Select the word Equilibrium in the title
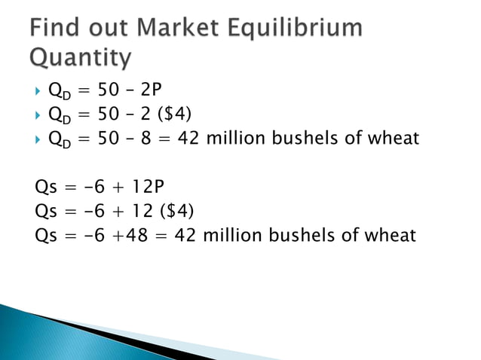tap(301, 29)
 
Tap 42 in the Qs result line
tap(185, 234)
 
